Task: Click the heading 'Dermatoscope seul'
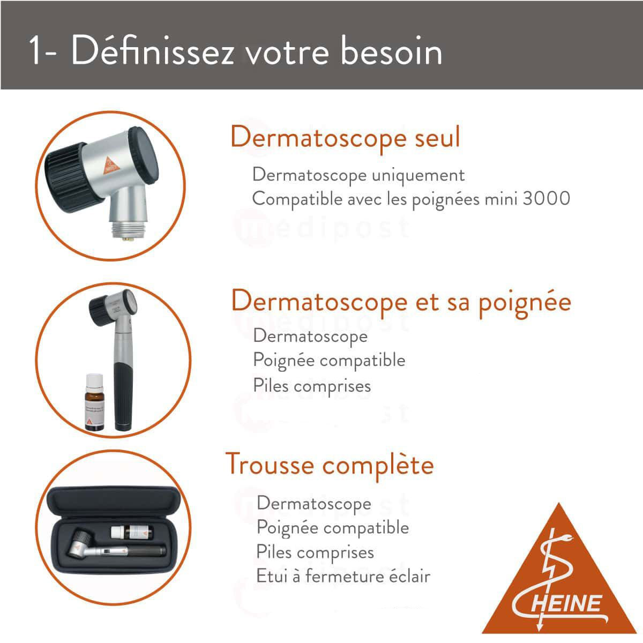pos(345,137)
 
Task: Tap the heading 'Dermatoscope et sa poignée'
pos(401,302)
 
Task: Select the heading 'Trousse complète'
pos(329,464)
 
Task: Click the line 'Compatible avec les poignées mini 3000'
pos(411,199)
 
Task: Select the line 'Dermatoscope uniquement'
pos(358,175)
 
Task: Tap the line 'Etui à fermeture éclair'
pos(343,577)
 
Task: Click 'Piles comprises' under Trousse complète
pos(315,552)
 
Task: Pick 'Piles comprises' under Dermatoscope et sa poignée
pos(312,386)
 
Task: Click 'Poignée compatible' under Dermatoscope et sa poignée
pos(329,360)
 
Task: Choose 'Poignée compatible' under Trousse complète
pos(333,528)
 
